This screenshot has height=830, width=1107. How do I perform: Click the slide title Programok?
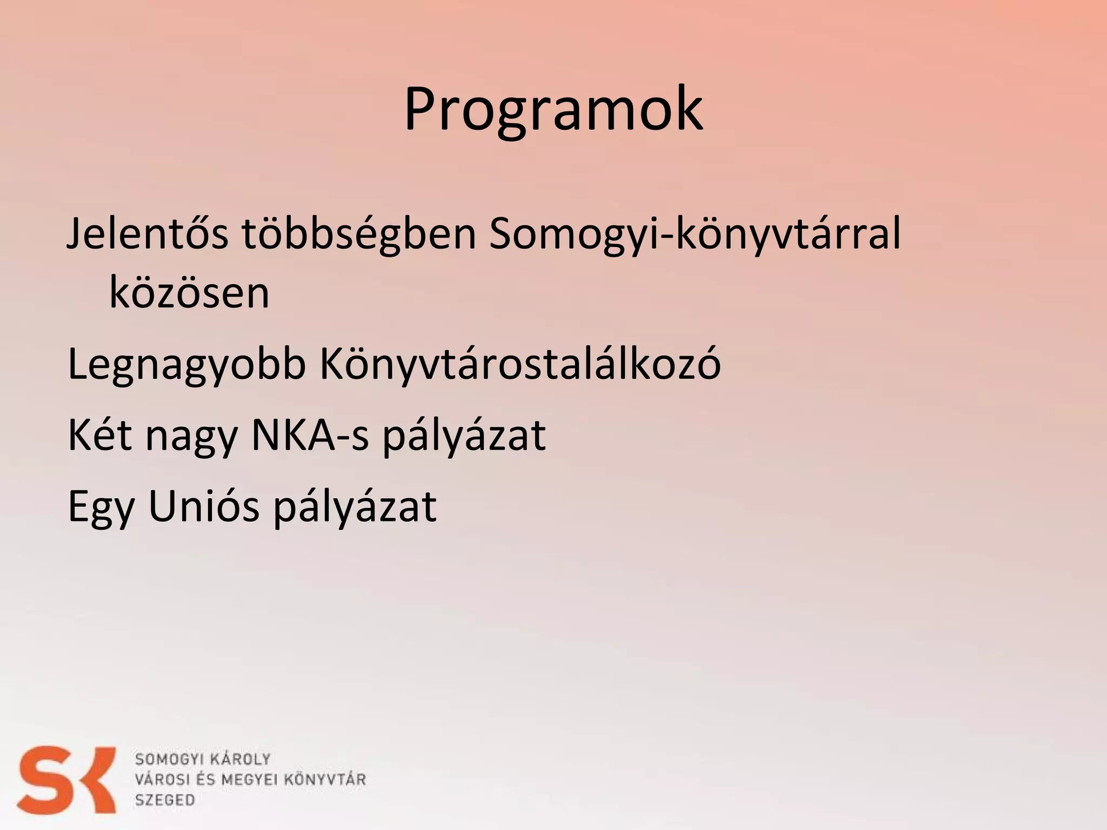[x=553, y=110]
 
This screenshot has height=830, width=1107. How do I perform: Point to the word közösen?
[x=189, y=293]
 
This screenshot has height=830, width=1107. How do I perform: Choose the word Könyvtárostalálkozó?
[x=520, y=364]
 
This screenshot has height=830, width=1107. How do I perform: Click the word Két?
[x=99, y=435]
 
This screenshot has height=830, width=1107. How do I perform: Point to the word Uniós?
[x=204, y=506]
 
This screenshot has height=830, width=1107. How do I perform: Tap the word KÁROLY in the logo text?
[x=239, y=759]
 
